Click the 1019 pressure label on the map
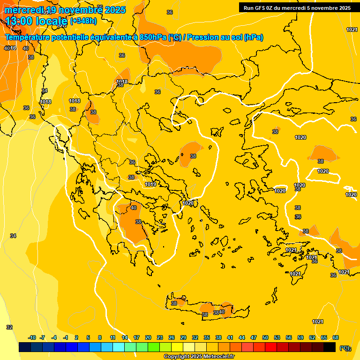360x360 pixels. point(150,184)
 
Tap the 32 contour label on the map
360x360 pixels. point(9,327)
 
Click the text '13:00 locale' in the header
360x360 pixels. point(37,21)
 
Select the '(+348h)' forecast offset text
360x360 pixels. point(83,21)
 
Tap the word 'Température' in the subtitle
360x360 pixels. point(29,37)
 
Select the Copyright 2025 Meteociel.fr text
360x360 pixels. point(199,357)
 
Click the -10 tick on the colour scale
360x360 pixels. point(32,337)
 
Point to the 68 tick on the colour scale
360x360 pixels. point(336,337)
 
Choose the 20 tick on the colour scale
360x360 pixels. point(148,337)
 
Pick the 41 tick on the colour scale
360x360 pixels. point(230,337)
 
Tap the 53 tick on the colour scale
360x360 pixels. point(277,337)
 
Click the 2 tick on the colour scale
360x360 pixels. point(77,337)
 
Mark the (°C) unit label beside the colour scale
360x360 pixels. point(345,348)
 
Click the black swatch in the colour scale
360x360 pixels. point(330,347)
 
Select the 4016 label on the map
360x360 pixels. point(10,48)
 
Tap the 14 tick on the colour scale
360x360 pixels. point(125,337)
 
